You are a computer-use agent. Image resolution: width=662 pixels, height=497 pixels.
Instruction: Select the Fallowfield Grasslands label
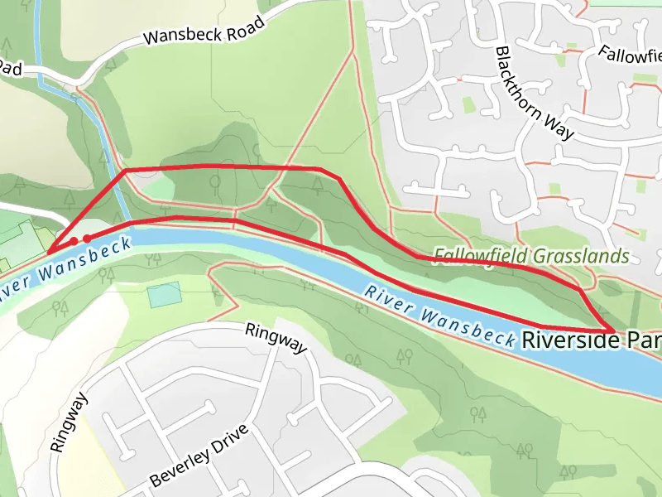tap(531, 256)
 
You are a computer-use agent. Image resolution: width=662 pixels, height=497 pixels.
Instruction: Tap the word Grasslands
tap(581, 256)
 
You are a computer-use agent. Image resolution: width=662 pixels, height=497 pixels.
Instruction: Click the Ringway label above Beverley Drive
tap(276, 338)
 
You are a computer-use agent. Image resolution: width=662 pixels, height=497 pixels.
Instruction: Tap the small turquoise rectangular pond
tap(164, 294)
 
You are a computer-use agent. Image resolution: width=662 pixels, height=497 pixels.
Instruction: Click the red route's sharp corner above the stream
tap(125, 171)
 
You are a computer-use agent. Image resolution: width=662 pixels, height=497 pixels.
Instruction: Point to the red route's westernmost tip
tap(49, 252)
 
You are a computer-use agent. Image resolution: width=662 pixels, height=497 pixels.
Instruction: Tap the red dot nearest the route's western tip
tap(74, 241)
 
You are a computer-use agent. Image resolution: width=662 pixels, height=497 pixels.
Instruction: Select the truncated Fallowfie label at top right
tap(629, 54)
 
